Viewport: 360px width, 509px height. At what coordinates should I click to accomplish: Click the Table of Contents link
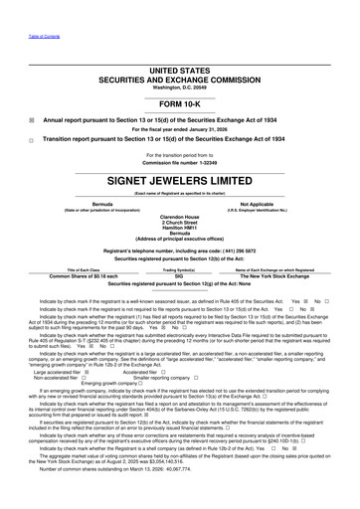(19, 5)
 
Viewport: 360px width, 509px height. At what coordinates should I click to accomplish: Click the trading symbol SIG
(179, 275)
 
